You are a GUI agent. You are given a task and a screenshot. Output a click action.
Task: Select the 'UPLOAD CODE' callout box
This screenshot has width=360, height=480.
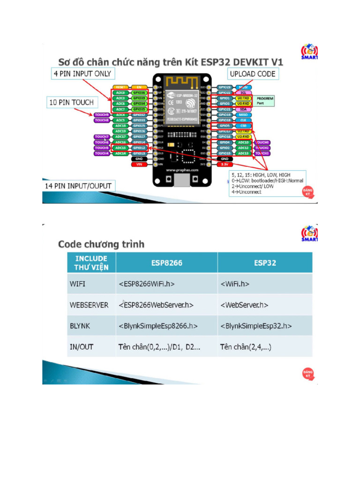click(x=252, y=74)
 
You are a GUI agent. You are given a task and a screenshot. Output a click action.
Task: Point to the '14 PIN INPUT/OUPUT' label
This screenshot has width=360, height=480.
click(x=78, y=186)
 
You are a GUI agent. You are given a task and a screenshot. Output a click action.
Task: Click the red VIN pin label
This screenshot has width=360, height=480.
click(x=139, y=165)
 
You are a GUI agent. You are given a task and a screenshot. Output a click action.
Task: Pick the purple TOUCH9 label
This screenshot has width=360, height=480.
click(x=102, y=115)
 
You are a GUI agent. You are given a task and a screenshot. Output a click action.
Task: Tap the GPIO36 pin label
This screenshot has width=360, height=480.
click(x=139, y=93)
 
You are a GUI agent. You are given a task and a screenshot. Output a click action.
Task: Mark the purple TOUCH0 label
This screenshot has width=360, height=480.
click(x=262, y=142)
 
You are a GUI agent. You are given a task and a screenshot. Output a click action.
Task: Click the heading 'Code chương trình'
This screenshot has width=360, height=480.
click(x=101, y=244)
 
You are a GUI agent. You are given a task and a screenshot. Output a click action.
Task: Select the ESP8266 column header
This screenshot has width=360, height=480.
click(x=166, y=262)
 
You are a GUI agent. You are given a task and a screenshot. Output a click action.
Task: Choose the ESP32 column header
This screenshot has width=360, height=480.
click(x=265, y=262)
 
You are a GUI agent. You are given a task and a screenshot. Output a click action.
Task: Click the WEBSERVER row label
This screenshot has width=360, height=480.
click(x=89, y=305)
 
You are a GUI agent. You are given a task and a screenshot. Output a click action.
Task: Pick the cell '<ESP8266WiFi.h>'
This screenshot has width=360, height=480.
click(x=150, y=284)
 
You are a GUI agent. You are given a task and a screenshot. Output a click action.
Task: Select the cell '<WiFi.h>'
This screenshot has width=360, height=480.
click(x=234, y=284)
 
